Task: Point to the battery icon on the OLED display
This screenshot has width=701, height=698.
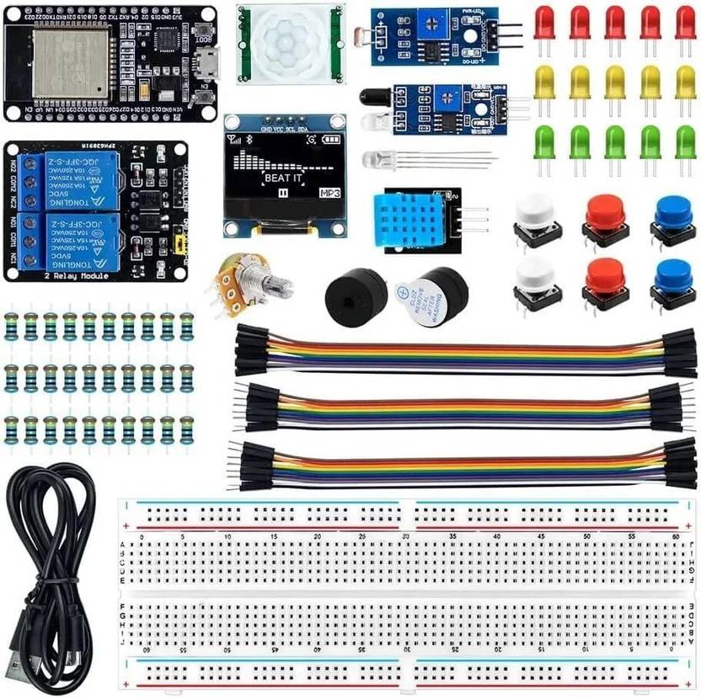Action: pos(334,139)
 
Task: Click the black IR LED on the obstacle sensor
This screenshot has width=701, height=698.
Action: pos(372,98)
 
